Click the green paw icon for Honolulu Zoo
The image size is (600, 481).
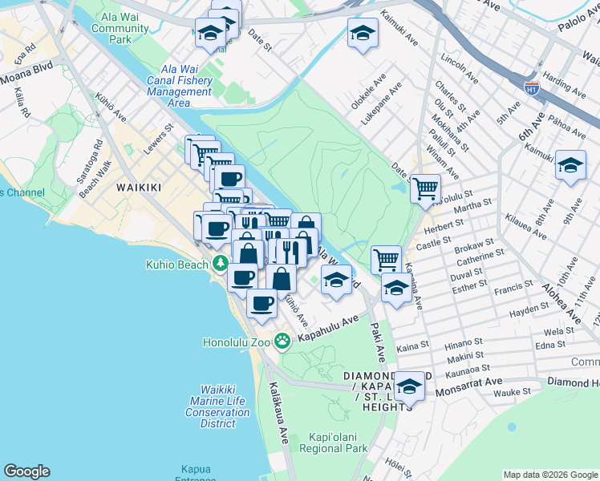[x=282, y=342]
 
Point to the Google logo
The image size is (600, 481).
[x=26, y=471]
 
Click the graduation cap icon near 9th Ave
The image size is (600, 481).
[x=570, y=165]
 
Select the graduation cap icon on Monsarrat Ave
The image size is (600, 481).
[x=409, y=386]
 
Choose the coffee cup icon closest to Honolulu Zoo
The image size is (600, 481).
[x=261, y=303]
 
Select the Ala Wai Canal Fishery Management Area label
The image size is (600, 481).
[x=180, y=86]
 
